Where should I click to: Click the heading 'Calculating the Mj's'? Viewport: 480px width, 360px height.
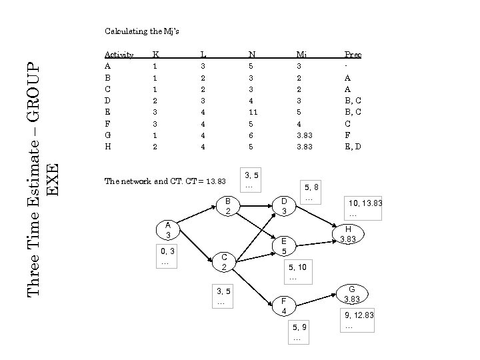click(x=142, y=31)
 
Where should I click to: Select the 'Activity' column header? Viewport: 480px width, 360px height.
click(x=119, y=55)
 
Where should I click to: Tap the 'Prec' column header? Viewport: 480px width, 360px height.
click(x=353, y=55)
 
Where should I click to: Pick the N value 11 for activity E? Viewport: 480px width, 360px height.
click(x=253, y=112)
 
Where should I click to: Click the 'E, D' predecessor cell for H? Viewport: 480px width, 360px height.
click(x=353, y=146)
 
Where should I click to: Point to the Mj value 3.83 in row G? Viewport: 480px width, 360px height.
click(x=303, y=135)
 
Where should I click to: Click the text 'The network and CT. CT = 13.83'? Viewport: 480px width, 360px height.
click(x=165, y=181)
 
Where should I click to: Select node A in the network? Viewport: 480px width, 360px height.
click(x=169, y=230)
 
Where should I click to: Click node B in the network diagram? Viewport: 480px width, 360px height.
click(x=227, y=206)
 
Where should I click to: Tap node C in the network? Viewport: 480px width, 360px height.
click(x=225, y=262)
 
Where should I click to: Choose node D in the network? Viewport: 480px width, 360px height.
click(x=283, y=206)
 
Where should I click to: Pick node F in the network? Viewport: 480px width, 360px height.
click(x=284, y=306)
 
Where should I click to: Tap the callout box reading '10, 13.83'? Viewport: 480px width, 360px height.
click(x=364, y=207)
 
